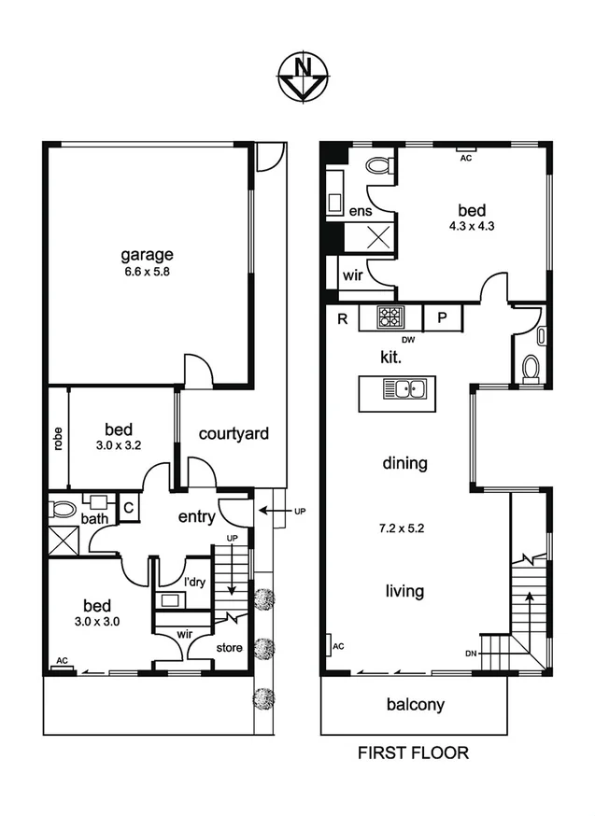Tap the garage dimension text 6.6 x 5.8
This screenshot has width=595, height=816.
tap(146, 273)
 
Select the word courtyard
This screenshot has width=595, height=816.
tap(234, 433)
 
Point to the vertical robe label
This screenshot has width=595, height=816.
tap(58, 438)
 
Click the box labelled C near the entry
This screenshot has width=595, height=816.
tap(129, 508)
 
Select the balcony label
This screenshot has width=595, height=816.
tap(415, 705)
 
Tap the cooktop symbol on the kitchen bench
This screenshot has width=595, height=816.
tap(390, 317)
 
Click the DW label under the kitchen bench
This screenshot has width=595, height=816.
tap(406, 340)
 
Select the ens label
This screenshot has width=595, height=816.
tap(361, 212)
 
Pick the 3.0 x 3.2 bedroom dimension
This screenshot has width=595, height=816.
tap(119, 446)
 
